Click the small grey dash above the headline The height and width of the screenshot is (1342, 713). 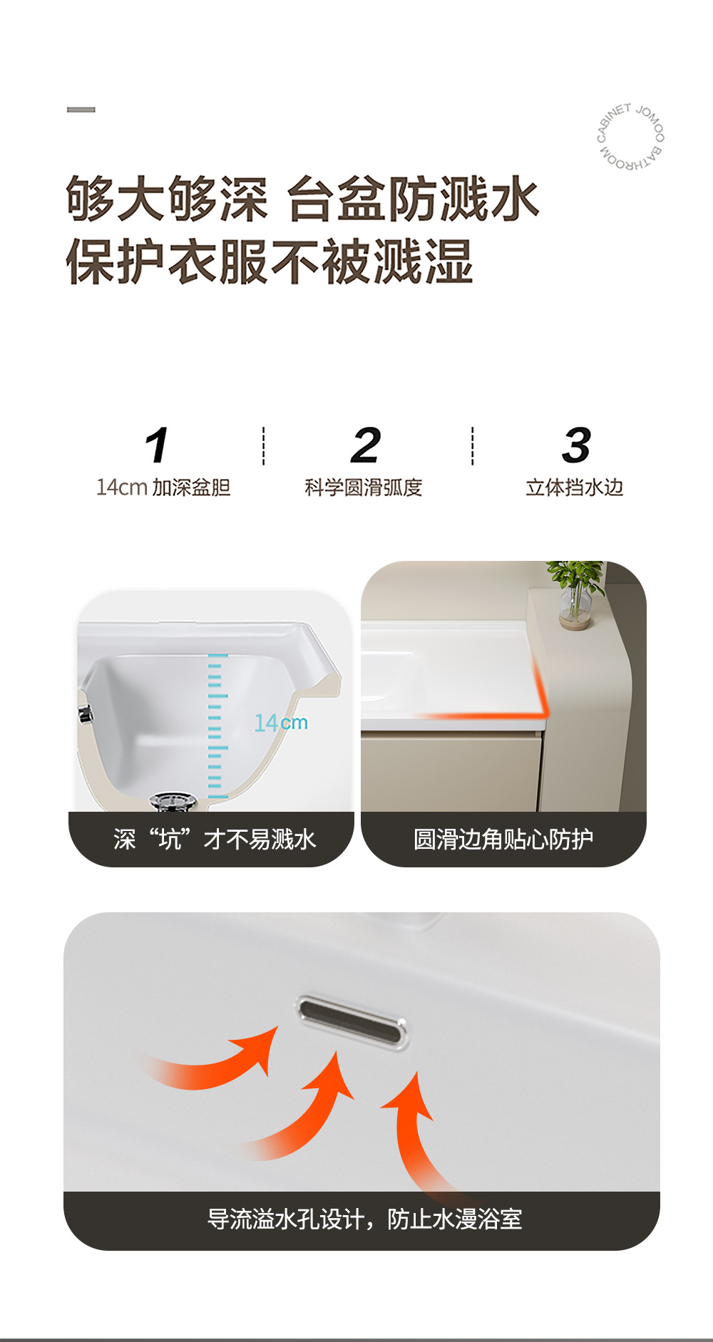coord(81,110)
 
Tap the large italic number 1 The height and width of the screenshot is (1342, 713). coord(157,445)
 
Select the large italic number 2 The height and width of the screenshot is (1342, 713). coord(366,445)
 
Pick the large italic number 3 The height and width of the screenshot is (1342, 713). coord(576,445)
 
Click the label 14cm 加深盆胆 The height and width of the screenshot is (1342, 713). coord(163,487)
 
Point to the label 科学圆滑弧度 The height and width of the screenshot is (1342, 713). coord(364,487)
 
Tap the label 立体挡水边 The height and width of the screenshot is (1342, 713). coord(575,487)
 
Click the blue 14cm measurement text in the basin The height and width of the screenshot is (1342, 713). coord(281,723)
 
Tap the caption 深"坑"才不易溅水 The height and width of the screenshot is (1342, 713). coord(214,840)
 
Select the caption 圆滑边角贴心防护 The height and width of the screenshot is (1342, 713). coord(503,840)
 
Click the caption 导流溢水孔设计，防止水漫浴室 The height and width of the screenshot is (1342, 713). coord(364,1219)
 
